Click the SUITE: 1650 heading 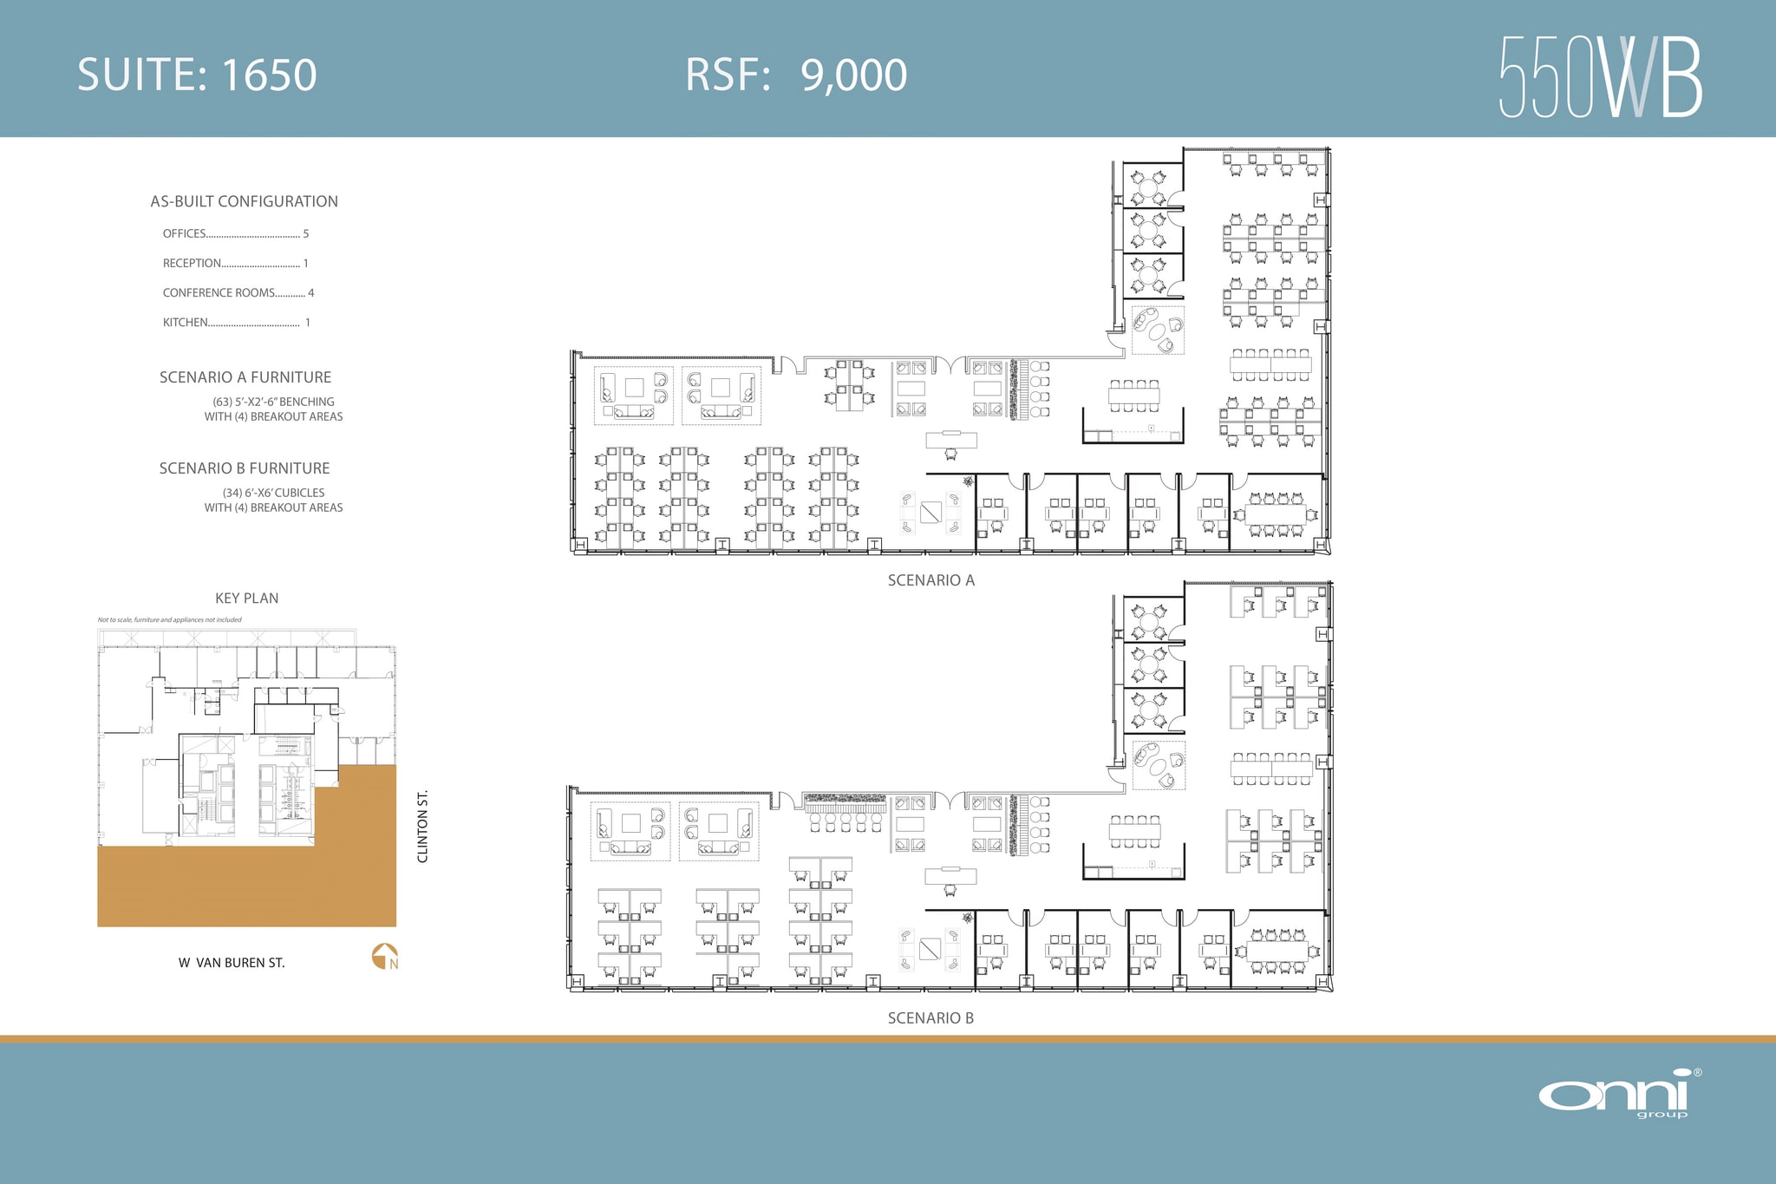coord(197,75)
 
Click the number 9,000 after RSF coord(853,75)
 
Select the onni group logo coord(1619,1094)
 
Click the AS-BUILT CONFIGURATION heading coord(244,201)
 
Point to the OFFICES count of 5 coord(305,233)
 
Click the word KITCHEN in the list coord(185,323)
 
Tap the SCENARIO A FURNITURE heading coord(245,377)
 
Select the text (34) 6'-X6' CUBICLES coord(273,493)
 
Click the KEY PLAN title coord(246,599)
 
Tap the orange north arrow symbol coord(384,956)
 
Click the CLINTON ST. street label coord(423,826)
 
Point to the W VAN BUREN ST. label coord(232,963)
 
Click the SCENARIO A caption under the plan coord(930,580)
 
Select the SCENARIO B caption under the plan coord(930,1018)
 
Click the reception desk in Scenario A coord(951,440)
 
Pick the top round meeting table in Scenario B coord(1149,620)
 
